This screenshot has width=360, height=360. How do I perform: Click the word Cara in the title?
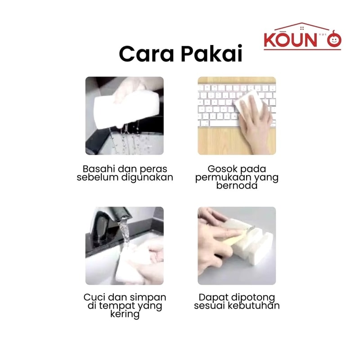146,54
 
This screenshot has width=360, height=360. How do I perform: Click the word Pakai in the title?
211,54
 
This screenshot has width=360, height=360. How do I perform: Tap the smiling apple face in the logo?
334,40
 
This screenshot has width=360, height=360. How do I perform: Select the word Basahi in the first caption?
99,169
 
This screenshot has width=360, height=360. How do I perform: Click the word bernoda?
237,185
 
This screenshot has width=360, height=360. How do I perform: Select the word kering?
125,314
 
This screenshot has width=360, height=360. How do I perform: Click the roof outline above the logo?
302,26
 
